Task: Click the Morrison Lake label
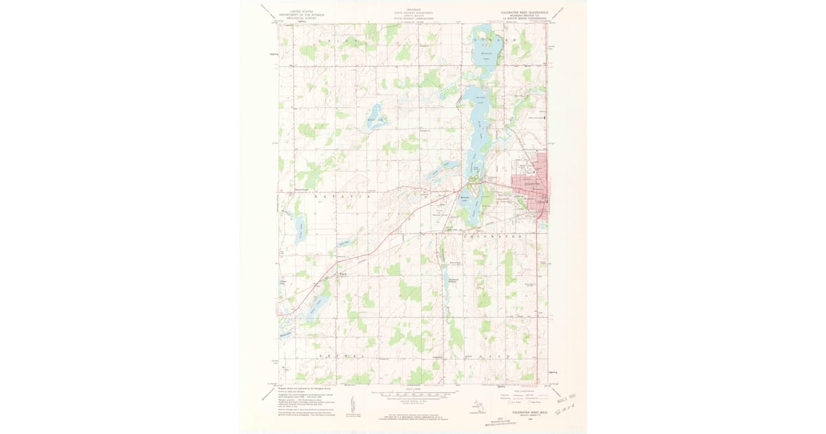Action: [487, 54]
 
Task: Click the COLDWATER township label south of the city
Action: [492, 236]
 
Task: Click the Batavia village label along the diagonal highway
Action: [342, 274]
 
